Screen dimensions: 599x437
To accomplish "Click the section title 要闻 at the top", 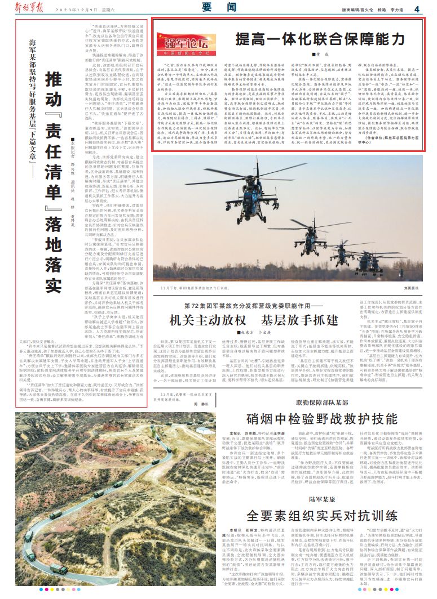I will click(218, 8).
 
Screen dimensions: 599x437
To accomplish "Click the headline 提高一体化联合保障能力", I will click(320, 39).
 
